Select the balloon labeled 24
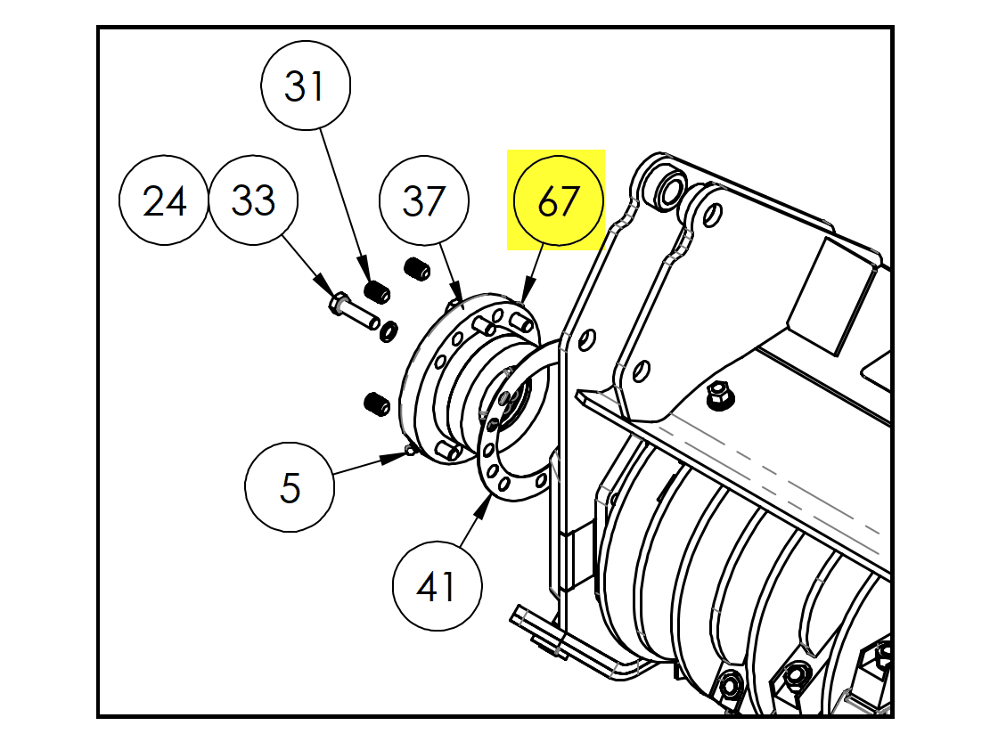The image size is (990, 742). tap(165, 201)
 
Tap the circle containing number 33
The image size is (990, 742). tap(254, 201)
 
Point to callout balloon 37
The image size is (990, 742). tap(423, 201)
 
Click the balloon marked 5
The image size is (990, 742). tap(290, 487)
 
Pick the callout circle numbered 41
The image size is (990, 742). tap(437, 587)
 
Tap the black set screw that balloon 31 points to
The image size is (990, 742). tap(379, 290)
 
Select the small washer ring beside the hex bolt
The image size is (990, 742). tap(389, 331)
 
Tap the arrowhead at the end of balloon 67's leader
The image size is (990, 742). tap(524, 299)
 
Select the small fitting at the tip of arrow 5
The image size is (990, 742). tap(410, 451)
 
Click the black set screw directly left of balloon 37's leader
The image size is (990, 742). tap(416, 267)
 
